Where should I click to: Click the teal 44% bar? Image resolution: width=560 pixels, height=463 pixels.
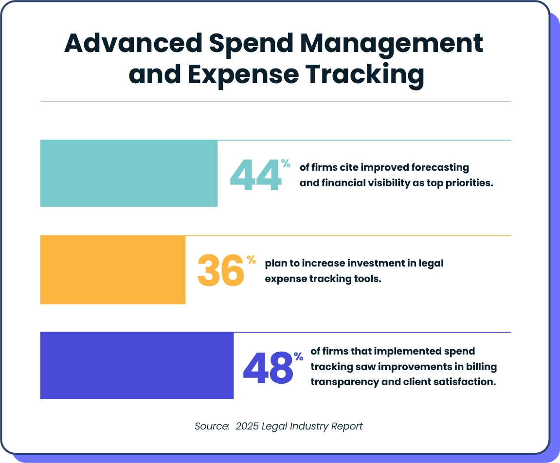[x=128, y=173]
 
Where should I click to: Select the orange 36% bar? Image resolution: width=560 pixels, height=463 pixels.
[x=113, y=269]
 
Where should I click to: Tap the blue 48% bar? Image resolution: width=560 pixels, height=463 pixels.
[x=137, y=365]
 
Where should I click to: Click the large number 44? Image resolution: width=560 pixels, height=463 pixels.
[x=255, y=175]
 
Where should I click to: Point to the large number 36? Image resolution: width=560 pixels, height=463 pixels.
[x=220, y=270]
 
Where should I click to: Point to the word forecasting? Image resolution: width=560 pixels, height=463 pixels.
[x=440, y=168]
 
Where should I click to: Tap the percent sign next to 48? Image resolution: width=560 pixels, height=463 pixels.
[x=298, y=356]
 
